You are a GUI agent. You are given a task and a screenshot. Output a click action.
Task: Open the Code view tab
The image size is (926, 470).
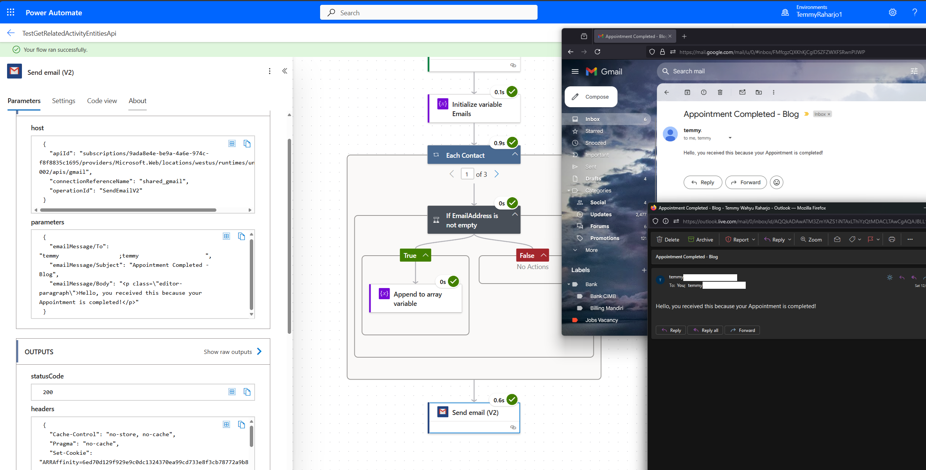coord(102,101)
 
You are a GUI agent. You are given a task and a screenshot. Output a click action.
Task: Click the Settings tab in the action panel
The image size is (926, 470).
coord(64,101)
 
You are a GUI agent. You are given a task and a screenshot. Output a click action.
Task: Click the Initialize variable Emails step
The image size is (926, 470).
coord(474,109)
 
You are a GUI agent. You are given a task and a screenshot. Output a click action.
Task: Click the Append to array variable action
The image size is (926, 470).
coord(416,299)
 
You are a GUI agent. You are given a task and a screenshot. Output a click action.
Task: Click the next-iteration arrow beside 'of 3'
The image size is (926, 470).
coord(497,174)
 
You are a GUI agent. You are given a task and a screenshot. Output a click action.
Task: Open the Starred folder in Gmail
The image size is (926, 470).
coord(594,131)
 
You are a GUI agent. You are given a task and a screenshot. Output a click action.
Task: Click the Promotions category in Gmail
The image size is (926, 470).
coord(604,238)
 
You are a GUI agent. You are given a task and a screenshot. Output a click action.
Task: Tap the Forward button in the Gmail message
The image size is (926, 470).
coord(746,182)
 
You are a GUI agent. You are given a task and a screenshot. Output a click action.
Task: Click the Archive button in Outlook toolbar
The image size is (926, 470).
coord(700,240)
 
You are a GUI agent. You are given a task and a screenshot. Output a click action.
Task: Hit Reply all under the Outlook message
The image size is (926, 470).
coord(706,330)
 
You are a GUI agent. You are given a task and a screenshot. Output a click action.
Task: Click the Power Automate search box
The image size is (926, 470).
coord(429,13)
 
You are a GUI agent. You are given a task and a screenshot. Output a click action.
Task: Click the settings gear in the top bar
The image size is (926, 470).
coord(893,12)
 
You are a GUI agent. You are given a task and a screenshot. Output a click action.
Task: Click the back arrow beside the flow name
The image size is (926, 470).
coord(11,33)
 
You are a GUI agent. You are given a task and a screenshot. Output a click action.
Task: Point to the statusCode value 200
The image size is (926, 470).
coord(48,392)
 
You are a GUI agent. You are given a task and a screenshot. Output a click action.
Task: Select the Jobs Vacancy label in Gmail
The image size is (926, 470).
coord(601,320)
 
